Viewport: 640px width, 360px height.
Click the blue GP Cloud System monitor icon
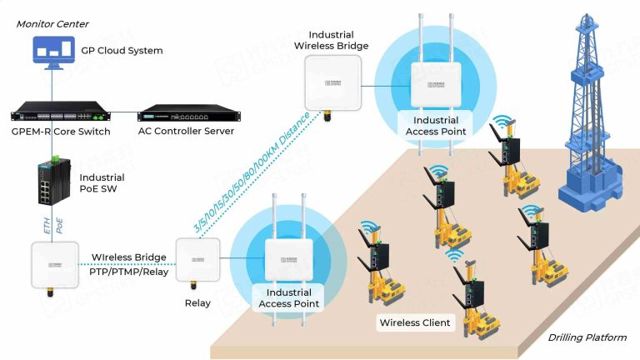[x=53, y=50]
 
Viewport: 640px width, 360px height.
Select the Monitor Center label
[x=52, y=24]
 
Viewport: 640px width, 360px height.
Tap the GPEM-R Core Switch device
[x=61, y=115]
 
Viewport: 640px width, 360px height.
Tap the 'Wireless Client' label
[x=414, y=322]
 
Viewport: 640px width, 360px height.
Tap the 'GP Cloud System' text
[x=122, y=51]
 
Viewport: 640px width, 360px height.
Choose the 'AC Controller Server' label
[x=186, y=132]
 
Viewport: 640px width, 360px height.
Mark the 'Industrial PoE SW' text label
[x=102, y=183]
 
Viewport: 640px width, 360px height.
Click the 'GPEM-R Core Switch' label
[x=60, y=132]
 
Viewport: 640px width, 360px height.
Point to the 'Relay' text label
[x=197, y=303]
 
